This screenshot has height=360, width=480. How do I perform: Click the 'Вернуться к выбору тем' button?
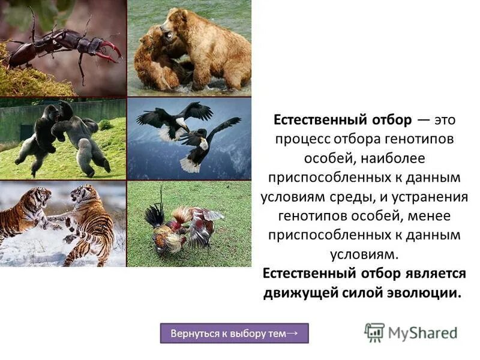234,333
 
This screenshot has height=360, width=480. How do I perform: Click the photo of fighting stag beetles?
63,48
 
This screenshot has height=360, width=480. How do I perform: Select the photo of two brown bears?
189,48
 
